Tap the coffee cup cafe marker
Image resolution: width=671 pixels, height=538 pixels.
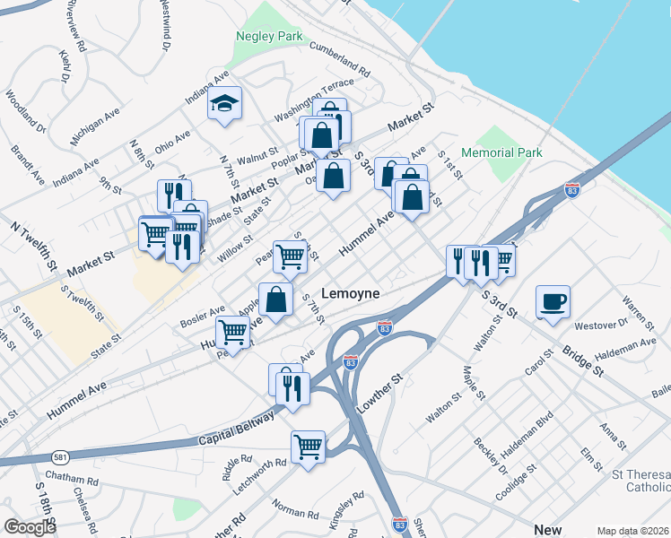(x=553, y=302)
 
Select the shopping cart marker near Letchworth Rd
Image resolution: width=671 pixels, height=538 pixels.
(x=308, y=447)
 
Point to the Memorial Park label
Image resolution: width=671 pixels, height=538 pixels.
(x=501, y=152)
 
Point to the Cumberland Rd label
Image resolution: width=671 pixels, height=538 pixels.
(x=339, y=56)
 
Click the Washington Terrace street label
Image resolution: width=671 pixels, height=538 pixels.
(x=315, y=100)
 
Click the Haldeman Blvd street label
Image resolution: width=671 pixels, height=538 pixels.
(x=518, y=433)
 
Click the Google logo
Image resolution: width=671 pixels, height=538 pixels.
(x=30, y=527)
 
